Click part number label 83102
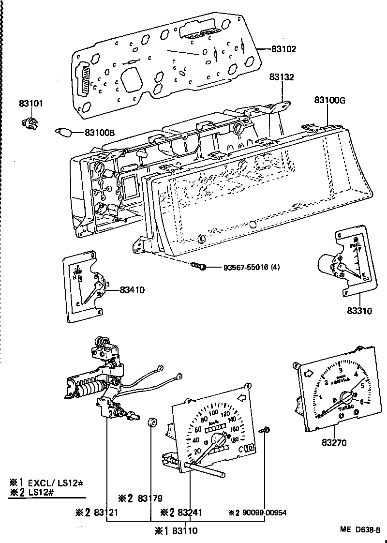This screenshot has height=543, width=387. tap(283, 49)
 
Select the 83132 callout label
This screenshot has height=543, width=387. tap(282, 77)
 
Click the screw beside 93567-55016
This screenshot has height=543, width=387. tap(199, 266)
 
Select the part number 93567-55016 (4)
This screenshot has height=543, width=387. tap(252, 267)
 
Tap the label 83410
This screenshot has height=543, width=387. tap(132, 290)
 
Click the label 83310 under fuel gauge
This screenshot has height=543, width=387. tap(359, 311)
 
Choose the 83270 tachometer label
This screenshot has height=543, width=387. tap(334, 442)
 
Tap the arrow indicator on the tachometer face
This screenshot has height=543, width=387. tap(308, 373)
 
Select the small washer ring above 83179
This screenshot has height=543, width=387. tap(151, 422)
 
